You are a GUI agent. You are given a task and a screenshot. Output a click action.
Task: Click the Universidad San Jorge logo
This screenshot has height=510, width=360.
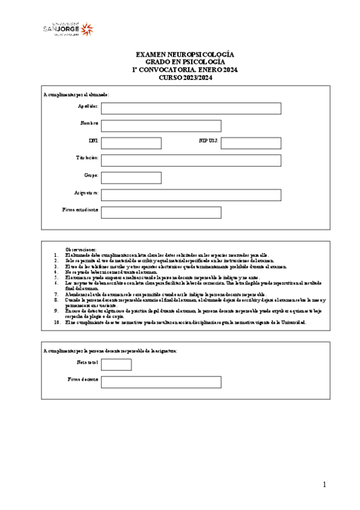coord(67,28)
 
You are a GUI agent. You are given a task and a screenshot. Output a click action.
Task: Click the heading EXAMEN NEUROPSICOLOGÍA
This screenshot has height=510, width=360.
coord(185,54)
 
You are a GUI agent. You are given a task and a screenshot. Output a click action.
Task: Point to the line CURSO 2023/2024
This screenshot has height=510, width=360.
coord(185,78)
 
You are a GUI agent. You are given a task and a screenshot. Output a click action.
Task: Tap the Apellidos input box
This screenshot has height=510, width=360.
coord(191,108)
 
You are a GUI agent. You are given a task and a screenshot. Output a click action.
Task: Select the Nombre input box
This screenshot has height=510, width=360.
coord(160,126)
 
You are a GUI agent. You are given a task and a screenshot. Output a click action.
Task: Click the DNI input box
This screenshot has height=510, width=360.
coord(131,143)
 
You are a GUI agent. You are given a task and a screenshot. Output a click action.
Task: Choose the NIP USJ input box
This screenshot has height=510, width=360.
coord(251,143)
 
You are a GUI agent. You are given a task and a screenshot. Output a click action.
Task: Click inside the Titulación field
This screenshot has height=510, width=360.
coord(191,161)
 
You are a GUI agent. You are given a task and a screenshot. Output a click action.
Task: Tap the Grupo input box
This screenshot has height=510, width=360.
coord(131,178)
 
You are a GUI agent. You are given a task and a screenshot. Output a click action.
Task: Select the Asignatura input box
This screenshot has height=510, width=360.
coord(191,195)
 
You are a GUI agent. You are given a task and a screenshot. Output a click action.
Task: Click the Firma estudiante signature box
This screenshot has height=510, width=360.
coord(160,212)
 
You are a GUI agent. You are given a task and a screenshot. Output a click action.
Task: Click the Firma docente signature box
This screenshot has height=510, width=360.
coord(160,382)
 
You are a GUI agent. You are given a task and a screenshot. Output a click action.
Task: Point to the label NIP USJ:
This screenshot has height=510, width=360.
coord(208,141)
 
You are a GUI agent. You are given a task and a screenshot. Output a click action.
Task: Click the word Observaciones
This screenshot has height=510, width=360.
coord(81,249)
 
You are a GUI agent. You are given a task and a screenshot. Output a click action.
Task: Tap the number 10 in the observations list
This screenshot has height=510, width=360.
coord(56,322)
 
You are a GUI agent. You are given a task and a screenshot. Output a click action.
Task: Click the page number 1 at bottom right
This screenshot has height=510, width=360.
coord(324,485)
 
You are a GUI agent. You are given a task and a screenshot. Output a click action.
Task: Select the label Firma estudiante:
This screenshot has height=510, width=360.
coord(81,210)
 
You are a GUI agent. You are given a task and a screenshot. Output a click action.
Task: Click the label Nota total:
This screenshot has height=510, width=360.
coord(87,362)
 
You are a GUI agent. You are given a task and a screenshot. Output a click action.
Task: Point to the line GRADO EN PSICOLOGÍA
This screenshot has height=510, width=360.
coord(185,62)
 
